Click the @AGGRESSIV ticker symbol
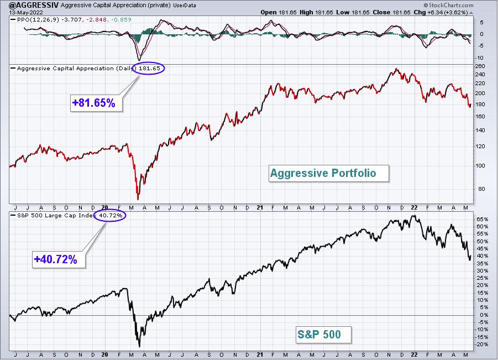point(29,5)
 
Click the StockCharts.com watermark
point(448,5)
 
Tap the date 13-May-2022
point(22,13)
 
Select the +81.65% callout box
point(96,103)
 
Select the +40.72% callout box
point(59,259)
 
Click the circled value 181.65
point(148,68)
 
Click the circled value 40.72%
point(110,216)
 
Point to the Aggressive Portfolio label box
point(329,173)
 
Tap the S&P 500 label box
point(324,335)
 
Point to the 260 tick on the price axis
point(480,66)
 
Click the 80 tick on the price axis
point(481,189)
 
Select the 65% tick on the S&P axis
point(482,219)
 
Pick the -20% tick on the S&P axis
point(481,345)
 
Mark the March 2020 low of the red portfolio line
point(138,199)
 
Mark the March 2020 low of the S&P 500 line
point(139,346)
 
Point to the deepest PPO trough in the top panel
point(139,60)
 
